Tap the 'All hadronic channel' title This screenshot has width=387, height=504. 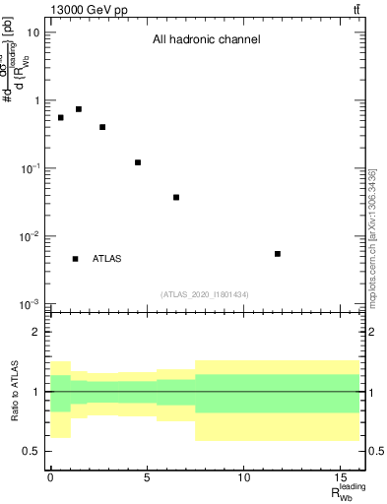pyautogui.click(x=206, y=40)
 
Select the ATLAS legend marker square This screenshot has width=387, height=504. pyautogui.click(x=75, y=259)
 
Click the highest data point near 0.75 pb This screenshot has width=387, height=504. pyautogui.click(x=79, y=109)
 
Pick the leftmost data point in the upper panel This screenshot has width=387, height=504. pyautogui.click(x=60, y=118)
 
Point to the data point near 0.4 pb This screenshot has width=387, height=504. pyautogui.click(x=102, y=127)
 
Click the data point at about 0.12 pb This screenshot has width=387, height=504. pyautogui.click(x=138, y=162)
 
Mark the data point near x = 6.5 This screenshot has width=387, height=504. pyautogui.click(x=176, y=197)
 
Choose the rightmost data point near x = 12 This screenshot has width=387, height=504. pyautogui.click(x=278, y=254)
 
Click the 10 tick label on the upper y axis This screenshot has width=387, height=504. pyautogui.click(x=33, y=32)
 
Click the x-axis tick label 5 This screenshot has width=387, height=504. pyautogui.click(x=147, y=479)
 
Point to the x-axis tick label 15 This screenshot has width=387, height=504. pyautogui.click(x=340, y=479)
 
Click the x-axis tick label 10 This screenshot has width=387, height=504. pyautogui.click(x=243, y=479)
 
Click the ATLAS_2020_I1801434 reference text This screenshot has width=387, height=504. pyautogui.click(x=205, y=294)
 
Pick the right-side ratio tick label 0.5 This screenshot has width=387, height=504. pyautogui.click(x=372, y=451)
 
